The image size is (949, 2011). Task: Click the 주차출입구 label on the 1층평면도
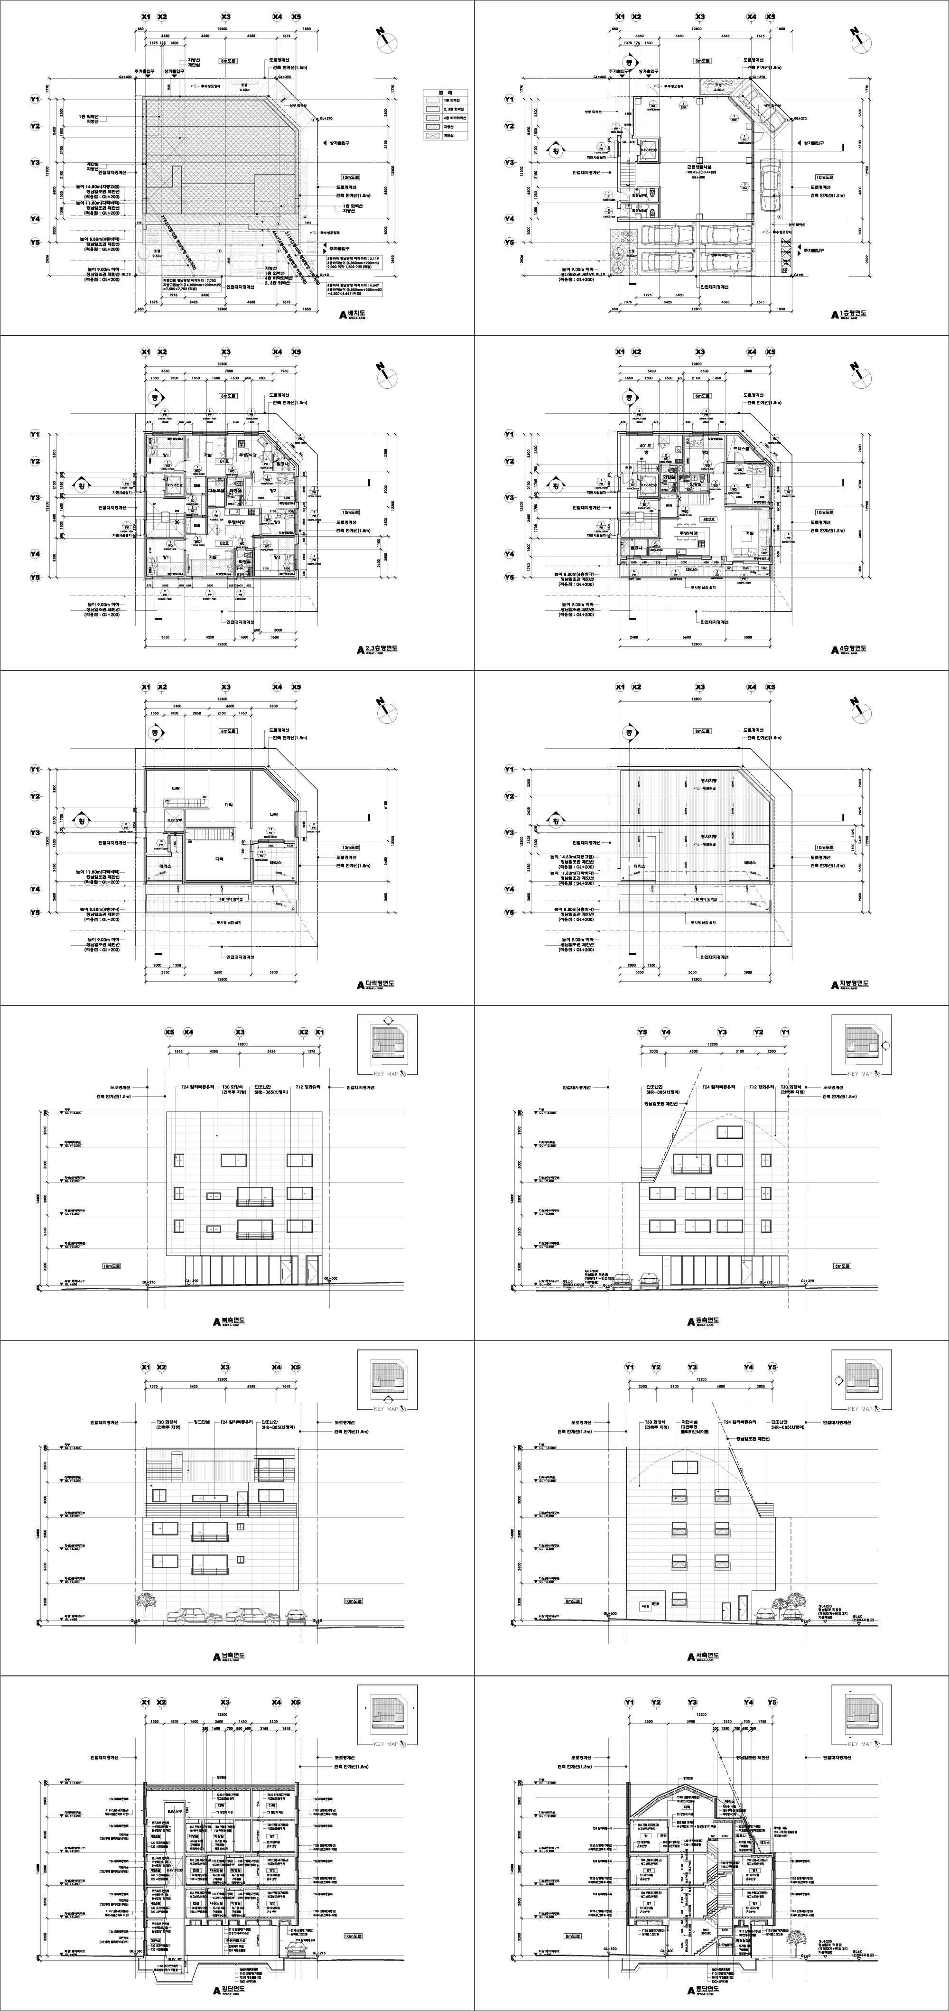pyautogui.click(x=812, y=250)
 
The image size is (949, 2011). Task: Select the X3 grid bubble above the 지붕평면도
pyautogui.click(x=700, y=687)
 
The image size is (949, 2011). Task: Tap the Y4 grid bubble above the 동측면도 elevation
pyautogui.click(x=666, y=1032)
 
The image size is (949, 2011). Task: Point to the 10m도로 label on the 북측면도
pyautogui.click(x=111, y=1266)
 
